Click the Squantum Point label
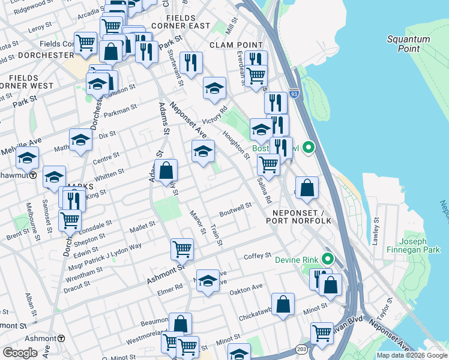click(408, 44)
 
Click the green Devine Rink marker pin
click(327, 259)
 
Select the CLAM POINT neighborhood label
click(236, 45)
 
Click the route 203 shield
click(301, 348)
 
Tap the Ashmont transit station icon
click(70, 338)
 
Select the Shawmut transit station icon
click(34, 175)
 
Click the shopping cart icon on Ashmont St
click(182, 248)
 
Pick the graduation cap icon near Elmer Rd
click(208, 281)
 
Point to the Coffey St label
click(258, 256)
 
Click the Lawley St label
click(376, 227)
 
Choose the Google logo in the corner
click(20, 353)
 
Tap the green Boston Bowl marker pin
click(309, 147)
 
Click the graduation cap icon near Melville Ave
click(27, 159)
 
